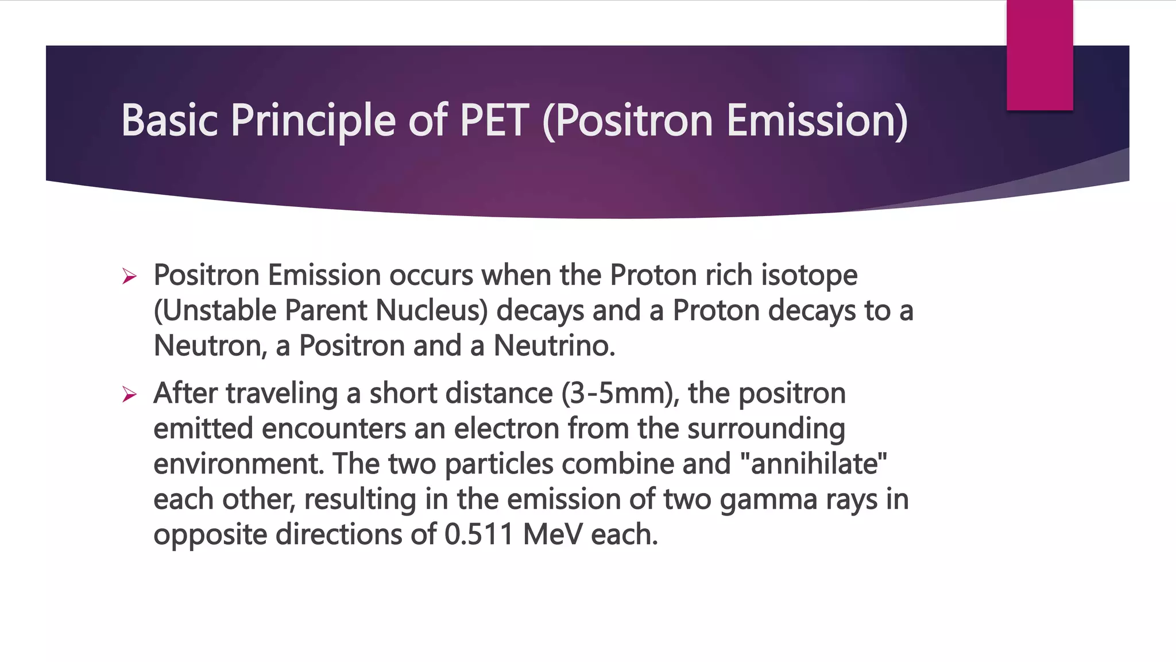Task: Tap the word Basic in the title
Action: pos(170,121)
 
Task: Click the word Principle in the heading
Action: pos(313,122)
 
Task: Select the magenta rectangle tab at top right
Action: pos(1039,55)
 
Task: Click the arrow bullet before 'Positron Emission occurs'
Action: pos(129,277)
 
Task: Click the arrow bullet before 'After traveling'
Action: pos(129,395)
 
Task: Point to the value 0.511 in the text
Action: pos(478,534)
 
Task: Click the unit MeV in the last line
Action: pos(552,534)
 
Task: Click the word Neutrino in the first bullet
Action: pos(554,346)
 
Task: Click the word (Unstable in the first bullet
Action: pos(215,311)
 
